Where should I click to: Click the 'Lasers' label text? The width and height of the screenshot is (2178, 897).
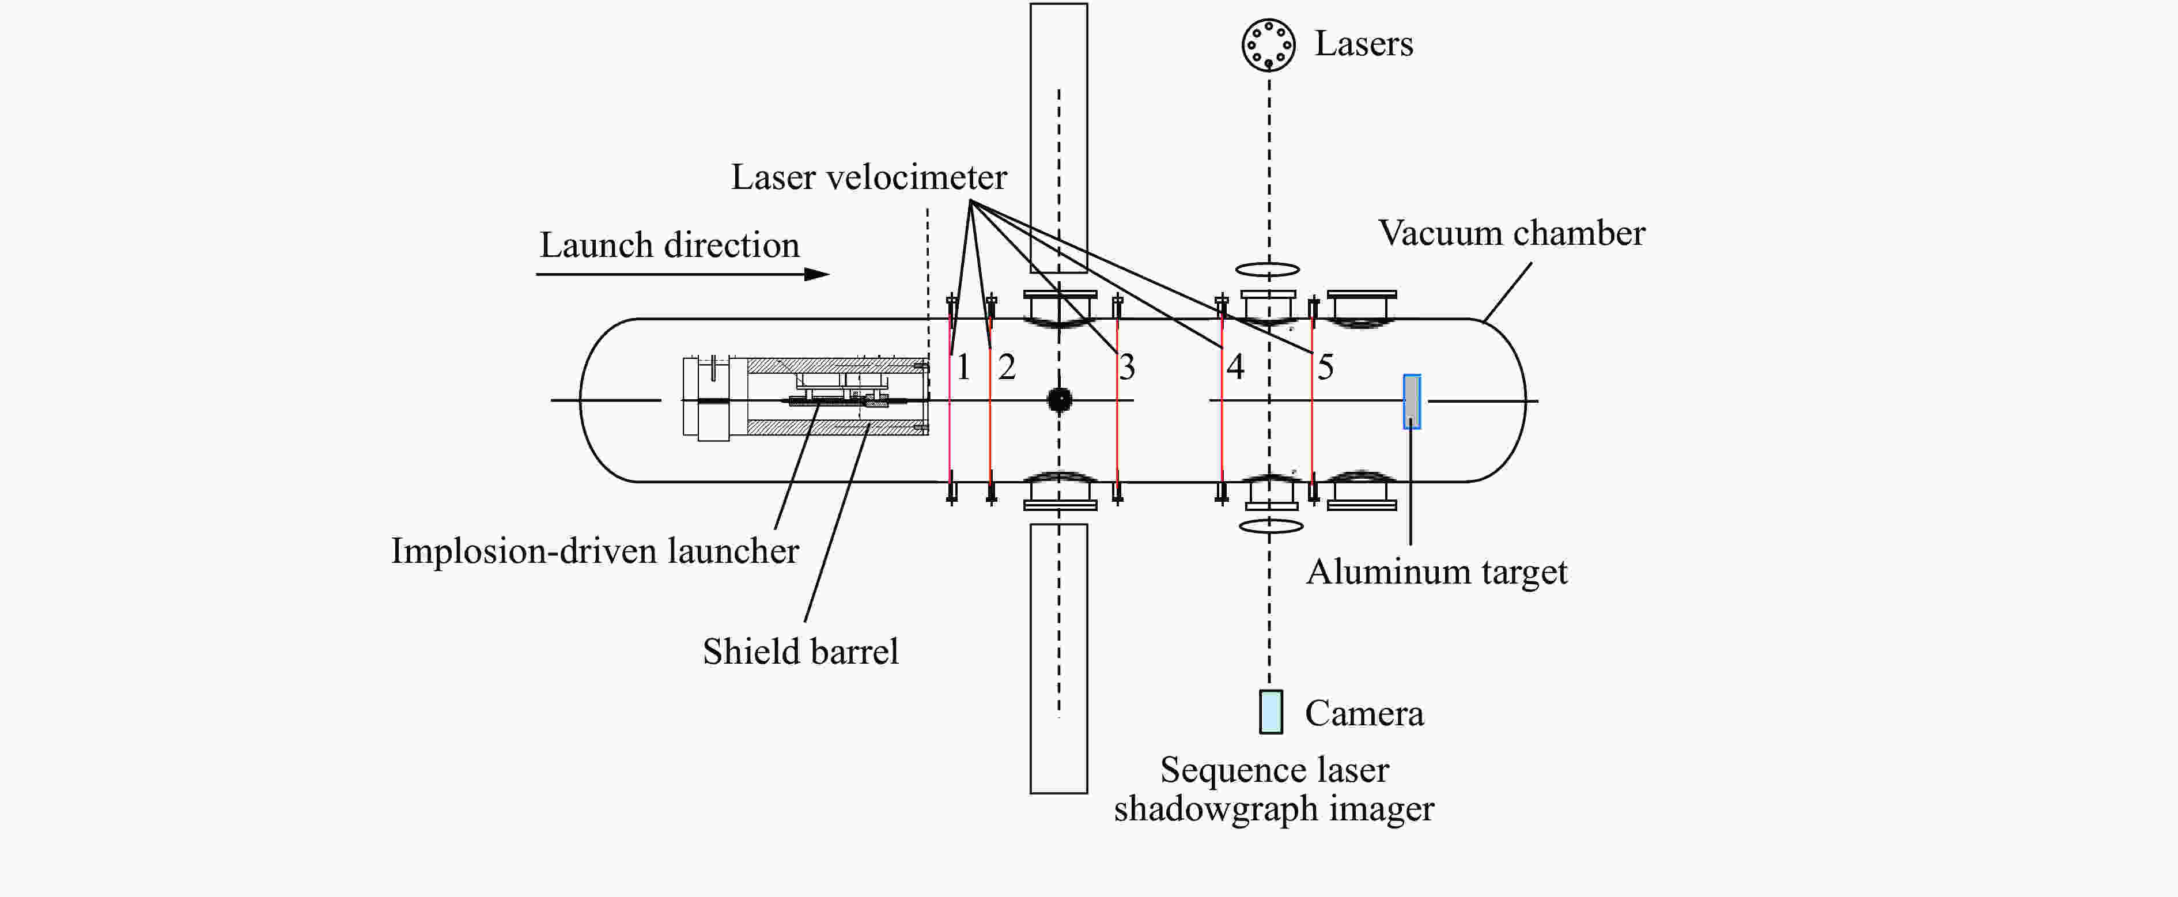(1363, 44)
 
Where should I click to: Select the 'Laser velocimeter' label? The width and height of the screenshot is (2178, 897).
(868, 177)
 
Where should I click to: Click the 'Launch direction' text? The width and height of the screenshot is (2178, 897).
(669, 246)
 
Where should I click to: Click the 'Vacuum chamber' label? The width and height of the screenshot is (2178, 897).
(1512, 233)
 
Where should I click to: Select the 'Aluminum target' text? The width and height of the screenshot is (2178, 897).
(1436, 572)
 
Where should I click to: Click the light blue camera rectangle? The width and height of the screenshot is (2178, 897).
(1270, 711)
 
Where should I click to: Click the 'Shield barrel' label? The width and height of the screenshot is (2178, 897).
(800, 652)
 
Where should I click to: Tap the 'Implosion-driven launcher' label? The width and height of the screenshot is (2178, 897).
(595, 551)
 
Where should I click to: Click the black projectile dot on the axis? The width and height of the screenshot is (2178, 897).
(1060, 399)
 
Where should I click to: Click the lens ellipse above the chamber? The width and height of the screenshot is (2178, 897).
(1268, 270)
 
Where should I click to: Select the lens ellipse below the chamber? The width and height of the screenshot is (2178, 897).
(1270, 526)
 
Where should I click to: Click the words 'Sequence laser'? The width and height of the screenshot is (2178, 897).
(1274, 770)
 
